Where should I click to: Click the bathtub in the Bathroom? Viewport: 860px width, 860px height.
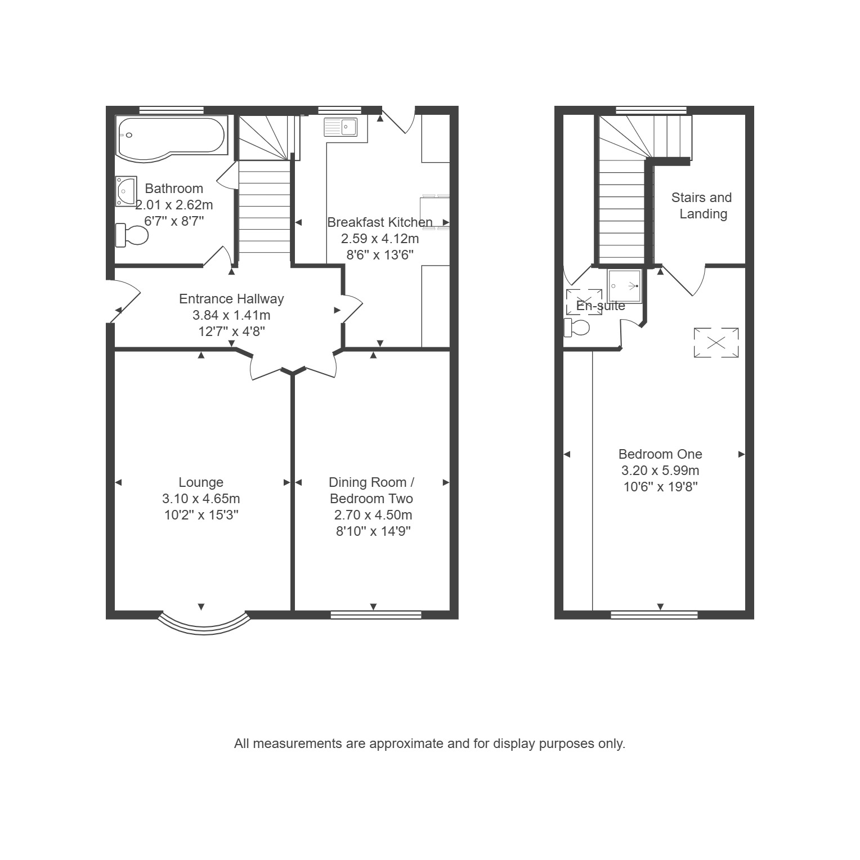pyautogui.click(x=172, y=138)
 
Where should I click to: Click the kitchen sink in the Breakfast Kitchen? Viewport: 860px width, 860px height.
pyautogui.click(x=341, y=127)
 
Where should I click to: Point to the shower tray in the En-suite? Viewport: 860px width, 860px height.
pyautogui.click(x=625, y=286)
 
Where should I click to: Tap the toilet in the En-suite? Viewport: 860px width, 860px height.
pyautogui.click(x=577, y=327)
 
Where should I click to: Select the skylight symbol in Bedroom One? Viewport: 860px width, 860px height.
pyautogui.click(x=716, y=342)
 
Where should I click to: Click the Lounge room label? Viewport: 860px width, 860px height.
pyautogui.click(x=201, y=482)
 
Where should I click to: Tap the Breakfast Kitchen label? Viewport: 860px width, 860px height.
pyautogui.click(x=380, y=222)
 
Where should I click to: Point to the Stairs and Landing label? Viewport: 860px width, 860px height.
pyautogui.click(x=702, y=205)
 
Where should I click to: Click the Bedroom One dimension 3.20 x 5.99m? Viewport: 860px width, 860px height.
pyautogui.click(x=660, y=471)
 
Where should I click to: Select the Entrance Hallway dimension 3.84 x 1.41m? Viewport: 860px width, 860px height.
pyautogui.click(x=231, y=315)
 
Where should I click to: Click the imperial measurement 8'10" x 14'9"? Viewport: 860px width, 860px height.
pyautogui.click(x=374, y=531)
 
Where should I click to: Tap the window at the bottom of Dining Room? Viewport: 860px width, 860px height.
pyautogui.click(x=376, y=615)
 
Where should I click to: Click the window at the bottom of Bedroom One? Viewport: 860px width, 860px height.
pyautogui.click(x=654, y=615)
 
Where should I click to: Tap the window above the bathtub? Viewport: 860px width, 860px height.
pyautogui.click(x=172, y=110)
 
